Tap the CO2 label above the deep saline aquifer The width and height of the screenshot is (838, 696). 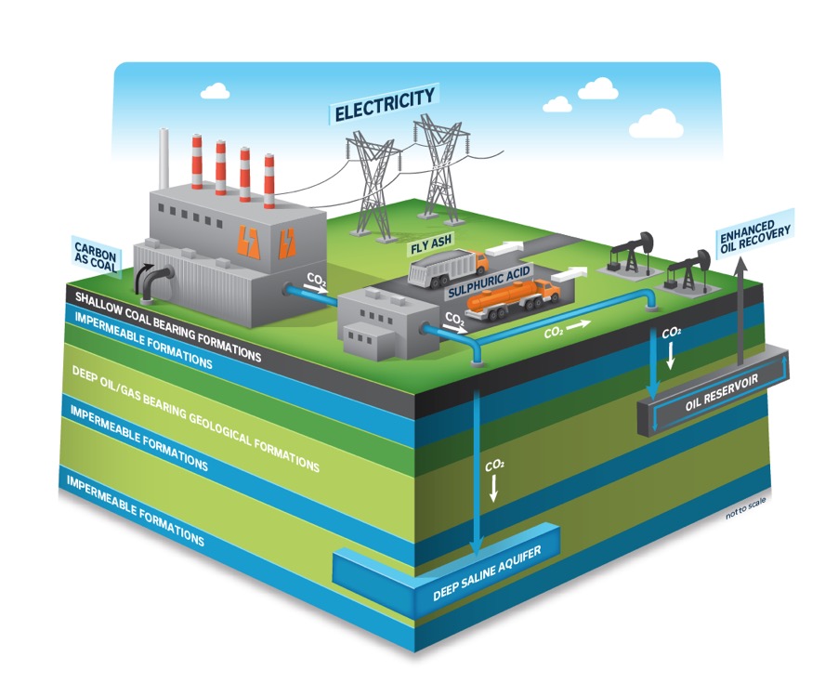coord(493,463)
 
